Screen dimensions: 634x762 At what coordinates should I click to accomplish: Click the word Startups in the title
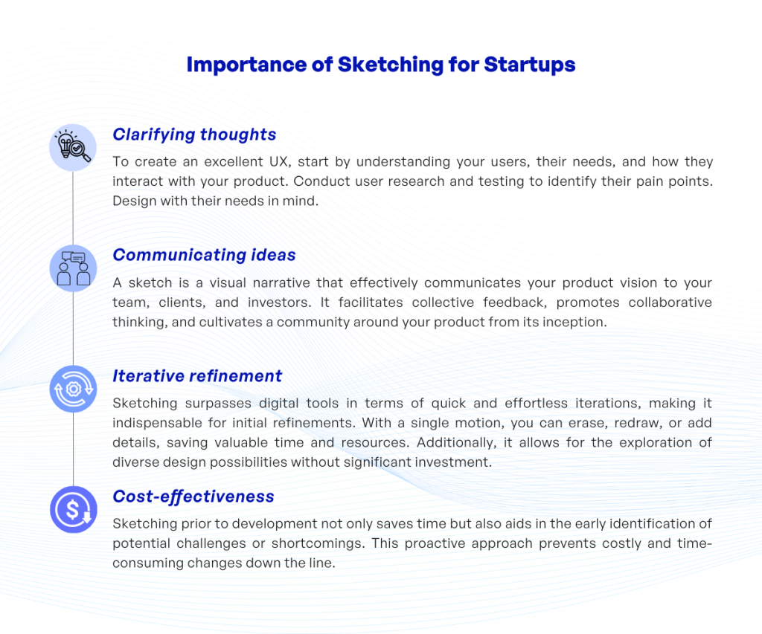pos(529,65)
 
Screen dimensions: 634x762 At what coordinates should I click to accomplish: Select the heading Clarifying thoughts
pos(194,135)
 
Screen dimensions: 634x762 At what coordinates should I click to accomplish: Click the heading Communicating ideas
pos(204,255)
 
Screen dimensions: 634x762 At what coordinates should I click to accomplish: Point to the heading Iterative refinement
pos(197,376)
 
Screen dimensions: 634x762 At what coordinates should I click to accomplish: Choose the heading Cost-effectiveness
pos(193,496)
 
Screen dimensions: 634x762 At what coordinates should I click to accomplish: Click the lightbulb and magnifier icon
pos(73,147)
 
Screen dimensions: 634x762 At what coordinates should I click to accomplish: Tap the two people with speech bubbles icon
pos(73,268)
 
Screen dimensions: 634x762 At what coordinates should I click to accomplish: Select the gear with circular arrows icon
pos(73,389)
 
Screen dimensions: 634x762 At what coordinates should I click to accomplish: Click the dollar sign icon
pos(73,509)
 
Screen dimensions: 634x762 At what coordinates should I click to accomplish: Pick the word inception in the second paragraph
pos(576,322)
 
